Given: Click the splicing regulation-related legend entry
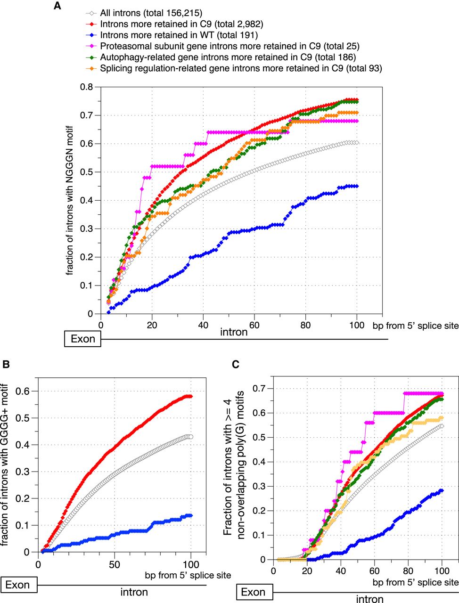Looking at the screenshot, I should [241, 68].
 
